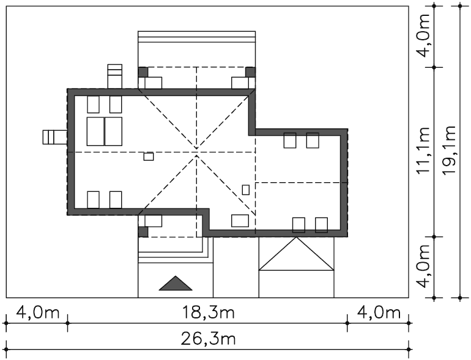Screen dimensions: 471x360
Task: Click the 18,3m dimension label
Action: click(209, 313)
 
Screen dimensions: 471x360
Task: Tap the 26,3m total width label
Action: click(208, 339)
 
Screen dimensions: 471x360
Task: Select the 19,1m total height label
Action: click(450, 150)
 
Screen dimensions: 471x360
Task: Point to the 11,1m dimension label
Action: click(423, 150)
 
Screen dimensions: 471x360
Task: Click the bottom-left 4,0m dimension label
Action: click(37, 313)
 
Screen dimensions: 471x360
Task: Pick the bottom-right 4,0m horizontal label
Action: click(379, 313)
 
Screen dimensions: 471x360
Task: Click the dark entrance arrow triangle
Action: click(176, 283)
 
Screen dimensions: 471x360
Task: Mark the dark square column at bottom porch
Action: click(143, 232)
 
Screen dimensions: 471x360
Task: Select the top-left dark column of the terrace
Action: click(143, 72)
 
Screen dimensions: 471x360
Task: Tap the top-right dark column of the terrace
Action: click(251, 72)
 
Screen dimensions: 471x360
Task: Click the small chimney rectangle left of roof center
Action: click(149, 156)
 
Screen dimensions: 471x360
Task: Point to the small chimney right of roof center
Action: click(246, 189)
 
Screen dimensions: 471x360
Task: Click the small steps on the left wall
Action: click(54, 137)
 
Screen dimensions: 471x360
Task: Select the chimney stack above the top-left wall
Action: click(115, 76)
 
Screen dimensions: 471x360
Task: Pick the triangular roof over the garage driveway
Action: click(296, 254)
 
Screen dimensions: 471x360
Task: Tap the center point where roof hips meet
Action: click(196, 152)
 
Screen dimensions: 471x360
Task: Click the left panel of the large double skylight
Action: click(95, 131)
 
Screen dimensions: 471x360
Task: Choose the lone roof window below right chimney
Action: click(240, 221)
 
